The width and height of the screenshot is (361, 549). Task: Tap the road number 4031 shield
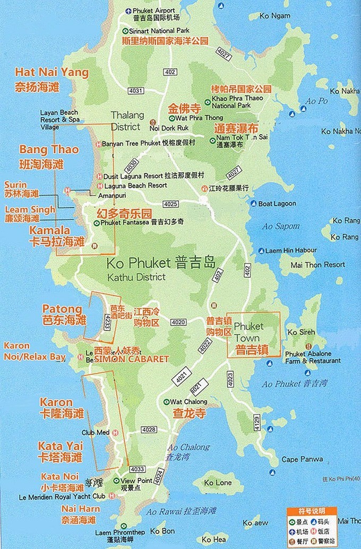click(136, 91)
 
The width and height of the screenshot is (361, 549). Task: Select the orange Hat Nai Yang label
click(51, 73)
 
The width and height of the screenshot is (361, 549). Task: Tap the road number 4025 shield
click(170, 204)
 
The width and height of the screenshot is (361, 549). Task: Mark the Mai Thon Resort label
click(318, 265)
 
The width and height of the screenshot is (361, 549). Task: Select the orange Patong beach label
click(63, 309)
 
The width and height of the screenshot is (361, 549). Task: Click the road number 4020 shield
click(178, 322)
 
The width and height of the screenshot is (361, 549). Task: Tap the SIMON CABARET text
click(132, 359)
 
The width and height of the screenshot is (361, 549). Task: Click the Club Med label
click(95, 432)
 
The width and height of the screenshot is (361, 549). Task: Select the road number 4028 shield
click(149, 429)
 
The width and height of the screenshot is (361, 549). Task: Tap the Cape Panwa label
click(297, 459)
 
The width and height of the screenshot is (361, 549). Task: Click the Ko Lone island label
click(218, 483)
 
